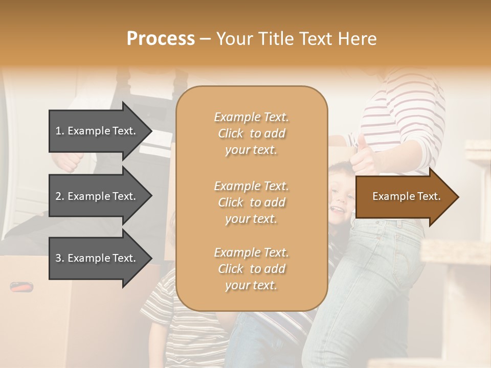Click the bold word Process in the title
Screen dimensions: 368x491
(160, 39)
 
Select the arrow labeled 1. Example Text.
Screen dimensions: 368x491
(97, 131)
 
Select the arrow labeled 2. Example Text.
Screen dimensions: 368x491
(97, 196)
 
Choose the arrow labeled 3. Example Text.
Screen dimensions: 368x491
(97, 258)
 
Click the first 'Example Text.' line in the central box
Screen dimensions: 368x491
(251, 117)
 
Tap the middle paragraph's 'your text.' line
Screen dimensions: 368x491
(251, 219)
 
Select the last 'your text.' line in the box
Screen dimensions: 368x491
(251, 285)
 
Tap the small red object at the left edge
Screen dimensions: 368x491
(20, 287)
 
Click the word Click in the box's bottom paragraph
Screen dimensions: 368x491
(231, 269)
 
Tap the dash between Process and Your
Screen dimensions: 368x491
(205, 39)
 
